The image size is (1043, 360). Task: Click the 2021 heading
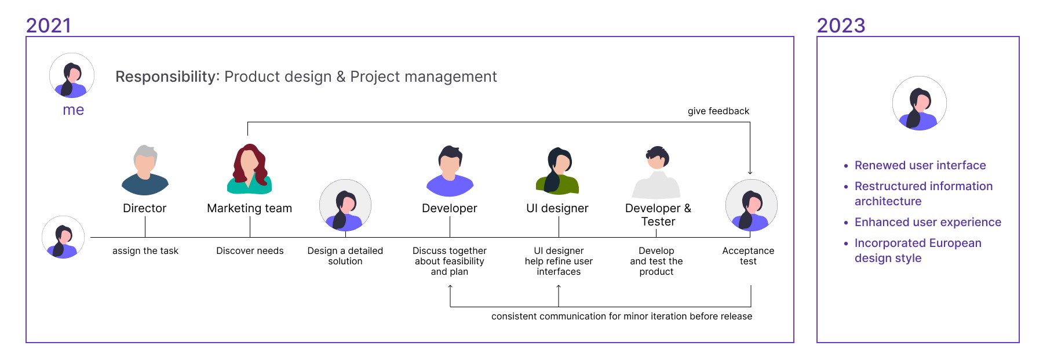click(x=49, y=26)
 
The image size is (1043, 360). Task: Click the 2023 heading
click(x=841, y=26)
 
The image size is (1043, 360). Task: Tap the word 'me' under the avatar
click(x=73, y=110)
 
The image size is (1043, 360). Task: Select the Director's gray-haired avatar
click(x=145, y=170)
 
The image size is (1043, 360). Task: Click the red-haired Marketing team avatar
click(x=249, y=169)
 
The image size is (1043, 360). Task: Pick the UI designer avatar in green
click(x=557, y=170)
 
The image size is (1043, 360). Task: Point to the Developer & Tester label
click(x=658, y=214)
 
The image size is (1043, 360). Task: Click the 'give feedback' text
click(x=719, y=111)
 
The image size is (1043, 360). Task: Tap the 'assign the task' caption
click(x=145, y=250)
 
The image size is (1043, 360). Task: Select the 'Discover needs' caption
click(x=250, y=250)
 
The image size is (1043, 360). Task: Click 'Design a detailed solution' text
click(x=345, y=256)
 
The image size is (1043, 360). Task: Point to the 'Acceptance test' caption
click(x=748, y=256)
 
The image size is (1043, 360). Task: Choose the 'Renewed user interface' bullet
click(x=920, y=165)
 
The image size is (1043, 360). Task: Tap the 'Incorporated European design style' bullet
click(x=918, y=250)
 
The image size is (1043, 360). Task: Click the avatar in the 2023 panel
click(x=920, y=103)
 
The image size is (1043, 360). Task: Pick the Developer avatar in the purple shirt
click(x=450, y=170)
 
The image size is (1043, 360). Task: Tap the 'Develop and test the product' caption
click(x=657, y=261)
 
